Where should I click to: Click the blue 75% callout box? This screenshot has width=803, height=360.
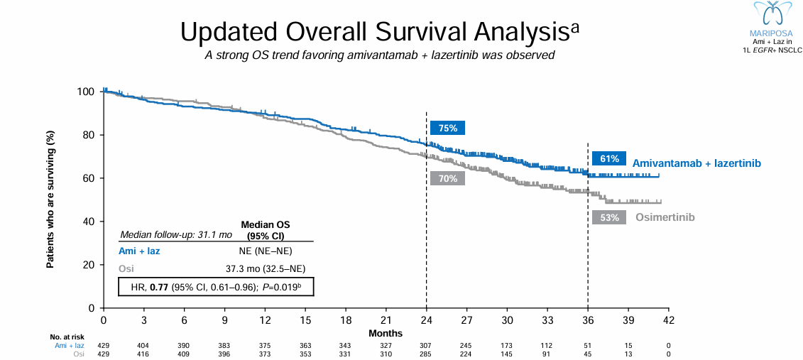tap(447, 129)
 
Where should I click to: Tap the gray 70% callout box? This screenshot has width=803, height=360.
tap(447, 179)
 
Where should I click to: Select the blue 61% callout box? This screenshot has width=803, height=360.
tap(609, 158)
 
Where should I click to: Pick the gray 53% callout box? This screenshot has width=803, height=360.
tap(609, 218)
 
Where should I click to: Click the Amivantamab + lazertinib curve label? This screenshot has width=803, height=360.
tap(697, 163)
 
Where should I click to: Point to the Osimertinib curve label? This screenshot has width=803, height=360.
tap(665, 217)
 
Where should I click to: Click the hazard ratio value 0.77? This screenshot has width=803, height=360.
tap(158, 286)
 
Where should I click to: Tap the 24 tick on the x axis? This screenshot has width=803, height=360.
tap(426, 320)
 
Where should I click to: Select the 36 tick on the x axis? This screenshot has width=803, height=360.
tap(587, 320)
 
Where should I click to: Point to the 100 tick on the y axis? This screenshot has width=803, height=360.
tap(86, 92)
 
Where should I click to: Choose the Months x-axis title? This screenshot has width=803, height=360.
tap(386, 333)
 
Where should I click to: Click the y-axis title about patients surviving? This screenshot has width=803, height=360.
tap(50, 200)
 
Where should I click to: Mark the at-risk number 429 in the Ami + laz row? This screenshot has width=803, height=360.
tap(104, 345)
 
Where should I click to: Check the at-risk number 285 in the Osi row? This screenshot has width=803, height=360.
tap(426, 354)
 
